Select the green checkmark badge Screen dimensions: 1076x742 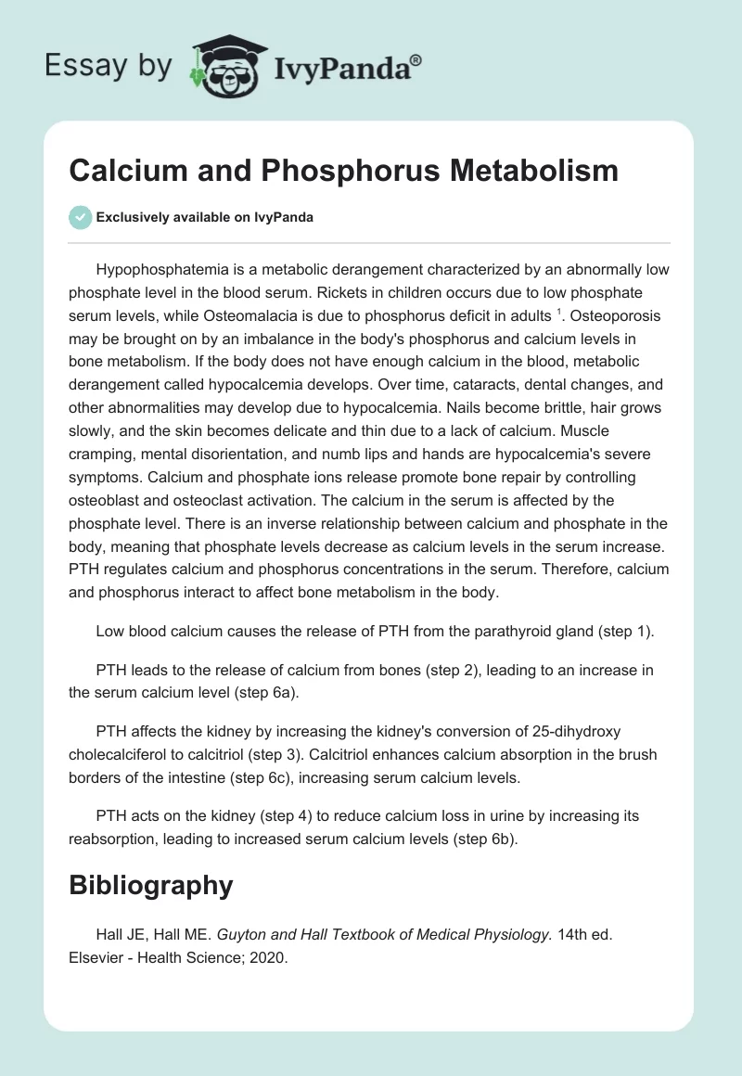(80, 217)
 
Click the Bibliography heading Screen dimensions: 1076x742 (150, 886)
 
